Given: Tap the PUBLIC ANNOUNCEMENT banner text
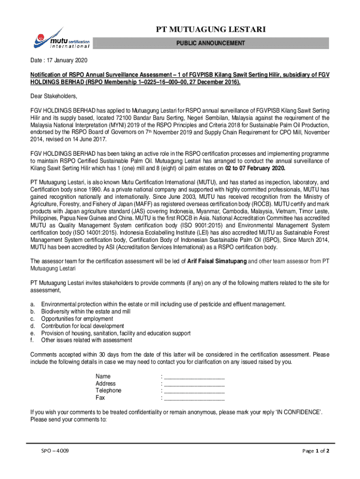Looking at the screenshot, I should (x=210, y=44).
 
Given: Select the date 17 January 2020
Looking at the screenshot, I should (x=67, y=61).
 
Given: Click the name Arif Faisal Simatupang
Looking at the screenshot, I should (x=217, y=261).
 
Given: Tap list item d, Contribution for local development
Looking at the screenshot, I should (x=82, y=326).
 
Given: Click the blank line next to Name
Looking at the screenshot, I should (x=194, y=377).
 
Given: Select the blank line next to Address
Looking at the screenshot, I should (x=194, y=384).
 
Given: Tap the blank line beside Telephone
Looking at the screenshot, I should (x=194, y=391).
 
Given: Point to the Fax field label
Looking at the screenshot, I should (x=101, y=398).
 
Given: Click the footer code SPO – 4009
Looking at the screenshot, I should (x=55, y=451).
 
